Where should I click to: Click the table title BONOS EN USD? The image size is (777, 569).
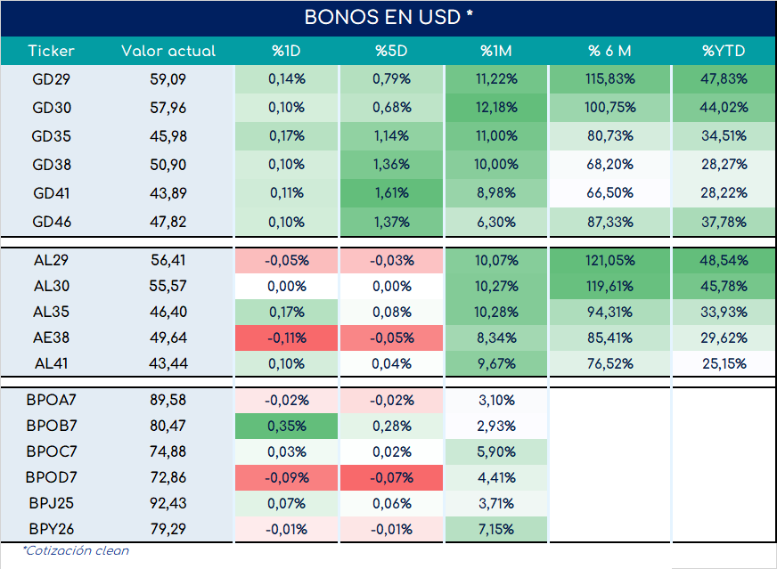[382, 17]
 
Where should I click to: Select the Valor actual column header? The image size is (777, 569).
[168, 51]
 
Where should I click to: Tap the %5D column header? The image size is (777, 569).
[391, 51]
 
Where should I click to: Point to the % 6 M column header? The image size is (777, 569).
[609, 51]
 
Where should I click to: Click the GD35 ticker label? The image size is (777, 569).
[51, 136]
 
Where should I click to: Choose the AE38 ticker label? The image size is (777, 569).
[51, 337]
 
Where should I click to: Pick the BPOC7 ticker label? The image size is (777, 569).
[52, 451]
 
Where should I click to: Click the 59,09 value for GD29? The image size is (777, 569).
[168, 79]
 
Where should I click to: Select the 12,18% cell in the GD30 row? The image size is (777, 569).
[496, 108]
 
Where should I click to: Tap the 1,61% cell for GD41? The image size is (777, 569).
[391, 193]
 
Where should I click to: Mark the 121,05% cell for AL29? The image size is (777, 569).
[610, 261]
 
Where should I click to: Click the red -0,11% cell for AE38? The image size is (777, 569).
[286, 337]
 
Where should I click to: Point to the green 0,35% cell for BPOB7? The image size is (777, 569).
[286, 426]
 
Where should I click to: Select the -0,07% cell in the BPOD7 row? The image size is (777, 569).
[391, 477]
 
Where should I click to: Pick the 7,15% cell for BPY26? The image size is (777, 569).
[496, 529]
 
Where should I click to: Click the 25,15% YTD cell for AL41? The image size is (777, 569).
[724, 363]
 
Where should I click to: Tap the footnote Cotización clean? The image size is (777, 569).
[76, 550]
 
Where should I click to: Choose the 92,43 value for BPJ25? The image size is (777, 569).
[168, 503]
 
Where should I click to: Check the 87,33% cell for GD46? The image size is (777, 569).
[610, 222]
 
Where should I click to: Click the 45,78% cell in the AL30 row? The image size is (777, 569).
[724, 286]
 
